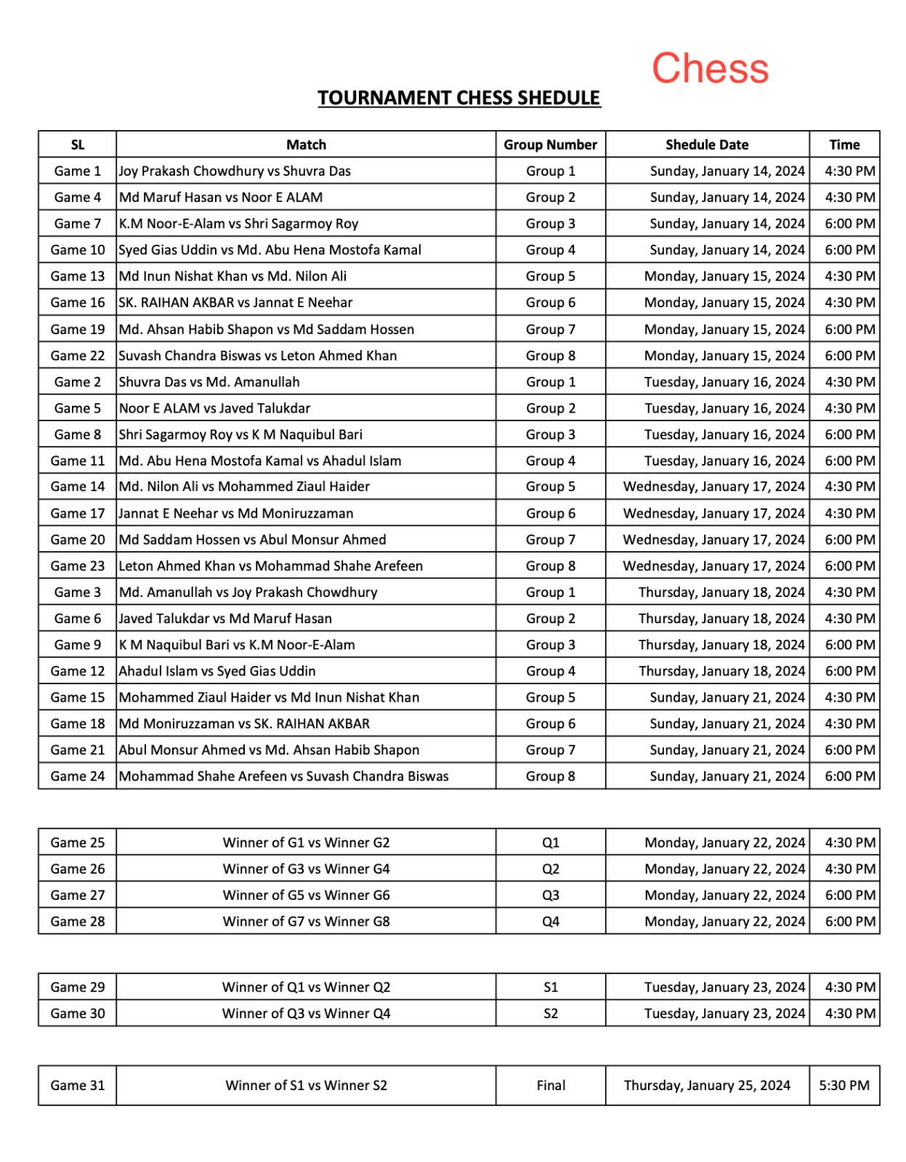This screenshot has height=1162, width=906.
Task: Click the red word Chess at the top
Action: point(709,68)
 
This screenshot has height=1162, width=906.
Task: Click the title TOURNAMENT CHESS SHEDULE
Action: point(458,98)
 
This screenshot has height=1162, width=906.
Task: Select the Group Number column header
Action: point(550,145)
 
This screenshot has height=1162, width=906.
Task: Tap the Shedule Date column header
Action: point(706,145)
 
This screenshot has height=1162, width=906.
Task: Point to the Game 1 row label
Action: point(77,171)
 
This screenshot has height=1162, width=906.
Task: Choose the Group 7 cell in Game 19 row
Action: point(550,330)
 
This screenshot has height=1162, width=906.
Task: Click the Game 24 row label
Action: point(77,776)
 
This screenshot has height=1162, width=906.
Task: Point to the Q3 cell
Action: point(550,895)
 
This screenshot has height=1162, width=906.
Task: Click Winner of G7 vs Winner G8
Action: point(306,922)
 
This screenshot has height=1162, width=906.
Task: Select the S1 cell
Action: point(550,988)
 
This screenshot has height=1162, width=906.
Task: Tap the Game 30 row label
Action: point(77,1014)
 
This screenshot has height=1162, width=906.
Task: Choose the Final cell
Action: point(550,1086)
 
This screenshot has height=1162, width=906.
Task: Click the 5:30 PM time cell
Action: point(844,1086)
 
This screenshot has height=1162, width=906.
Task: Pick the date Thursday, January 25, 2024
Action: point(706,1086)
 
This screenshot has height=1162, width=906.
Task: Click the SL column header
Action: point(77,145)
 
